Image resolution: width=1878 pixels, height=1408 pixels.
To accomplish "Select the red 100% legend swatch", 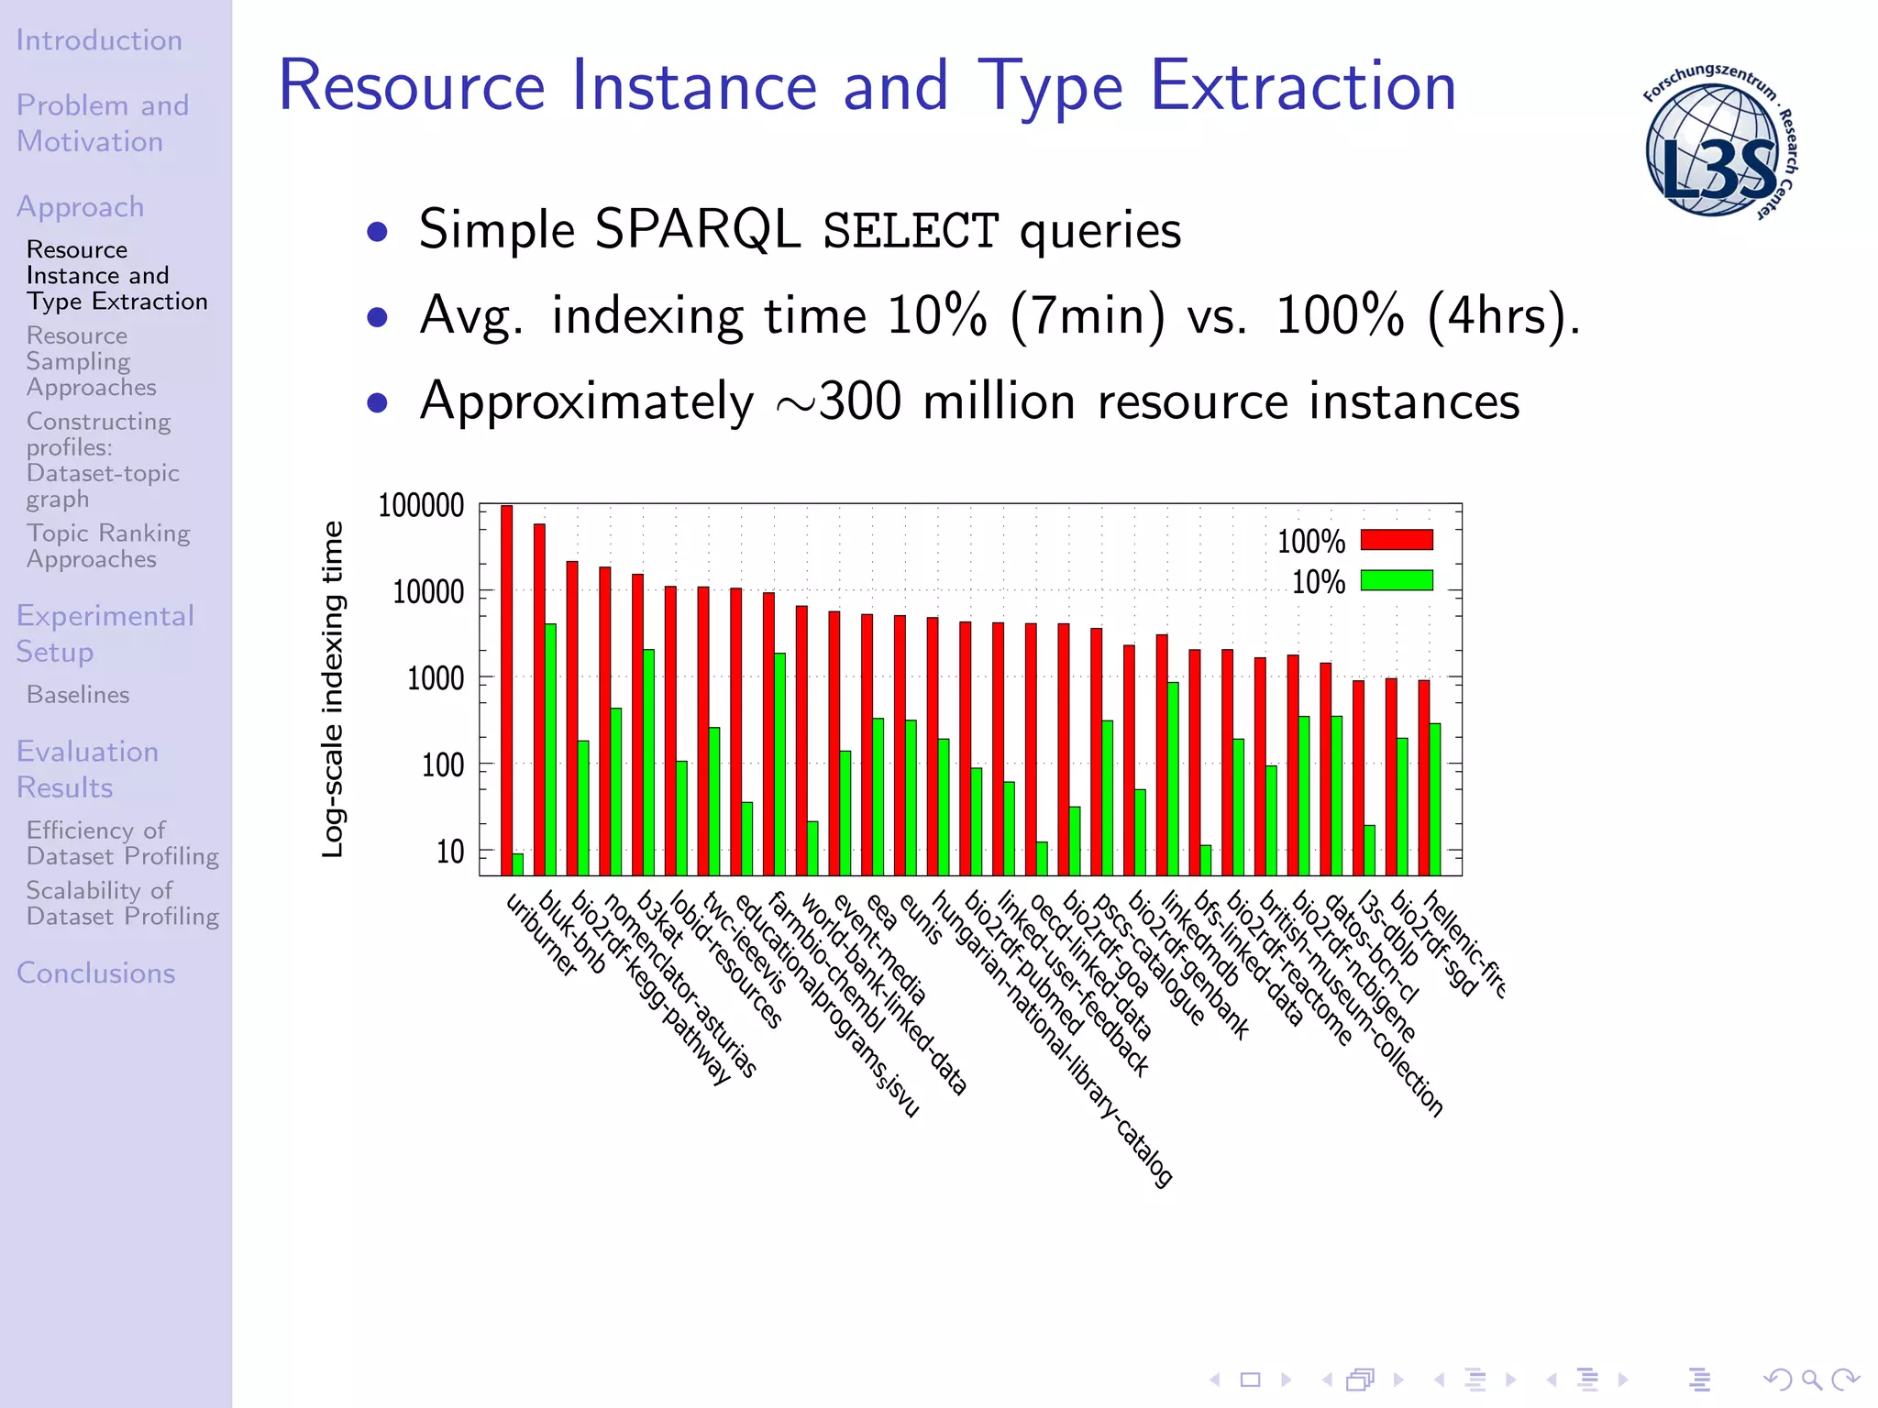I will (x=1396, y=540).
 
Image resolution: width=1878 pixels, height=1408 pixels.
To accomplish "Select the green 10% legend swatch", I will (x=1396, y=580).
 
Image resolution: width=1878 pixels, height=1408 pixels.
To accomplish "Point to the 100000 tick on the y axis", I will (x=421, y=506).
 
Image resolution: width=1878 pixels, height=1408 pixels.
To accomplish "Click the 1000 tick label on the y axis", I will (x=436, y=679).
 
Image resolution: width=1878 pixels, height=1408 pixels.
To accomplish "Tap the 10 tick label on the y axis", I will (x=449, y=852).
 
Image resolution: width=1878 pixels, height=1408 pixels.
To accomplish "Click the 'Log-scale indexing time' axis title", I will (x=333, y=689).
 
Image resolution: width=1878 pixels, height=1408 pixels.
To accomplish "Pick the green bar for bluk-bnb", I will (x=550, y=749).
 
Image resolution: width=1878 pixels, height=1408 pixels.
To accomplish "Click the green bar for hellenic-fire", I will (x=1435, y=798).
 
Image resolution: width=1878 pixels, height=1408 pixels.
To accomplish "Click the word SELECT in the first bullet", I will (x=910, y=230).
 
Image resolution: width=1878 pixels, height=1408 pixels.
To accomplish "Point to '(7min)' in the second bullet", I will (x=1088, y=316).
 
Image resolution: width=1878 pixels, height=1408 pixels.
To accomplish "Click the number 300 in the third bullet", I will (x=860, y=401).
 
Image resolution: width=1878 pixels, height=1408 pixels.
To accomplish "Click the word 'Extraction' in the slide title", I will (x=1302, y=86).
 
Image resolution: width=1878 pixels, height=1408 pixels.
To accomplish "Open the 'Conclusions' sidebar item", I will (x=95, y=973).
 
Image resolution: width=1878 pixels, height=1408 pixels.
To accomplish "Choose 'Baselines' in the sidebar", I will (x=78, y=695).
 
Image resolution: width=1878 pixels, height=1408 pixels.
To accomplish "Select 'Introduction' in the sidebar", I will (x=99, y=40).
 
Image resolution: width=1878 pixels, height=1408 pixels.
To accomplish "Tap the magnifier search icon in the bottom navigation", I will (x=1811, y=1379).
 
